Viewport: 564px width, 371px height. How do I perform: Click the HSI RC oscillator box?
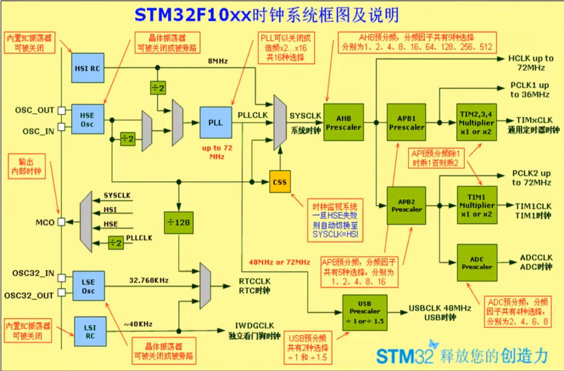tap(88, 68)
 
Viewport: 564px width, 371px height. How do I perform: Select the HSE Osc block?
tap(88, 119)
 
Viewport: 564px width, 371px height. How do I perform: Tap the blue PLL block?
tap(216, 122)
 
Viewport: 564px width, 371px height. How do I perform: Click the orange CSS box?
tap(280, 182)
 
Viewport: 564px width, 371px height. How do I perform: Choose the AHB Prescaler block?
tap(343, 122)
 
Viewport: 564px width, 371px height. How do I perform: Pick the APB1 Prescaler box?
tap(406, 122)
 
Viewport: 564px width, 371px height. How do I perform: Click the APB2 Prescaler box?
tap(406, 206)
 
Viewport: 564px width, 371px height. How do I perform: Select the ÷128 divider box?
tap(179, 223)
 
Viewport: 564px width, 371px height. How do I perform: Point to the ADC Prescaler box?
tap(477, 263)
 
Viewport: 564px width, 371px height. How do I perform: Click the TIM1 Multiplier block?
tap(477, 205)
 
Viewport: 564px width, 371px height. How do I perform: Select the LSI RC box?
tap(90, 332)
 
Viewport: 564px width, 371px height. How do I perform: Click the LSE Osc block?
tap(88, 286)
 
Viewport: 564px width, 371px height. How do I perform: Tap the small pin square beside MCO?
tap(61, 222)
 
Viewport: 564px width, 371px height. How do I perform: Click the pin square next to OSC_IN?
tap(61, 127)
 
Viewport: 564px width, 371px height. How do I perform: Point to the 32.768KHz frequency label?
tap(149, 280)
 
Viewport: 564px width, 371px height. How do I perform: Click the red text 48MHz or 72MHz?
tap(279, 262)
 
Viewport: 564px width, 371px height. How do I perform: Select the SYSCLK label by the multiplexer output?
tap(305, 116)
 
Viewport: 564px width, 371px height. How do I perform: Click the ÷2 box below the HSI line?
tap(158, 88)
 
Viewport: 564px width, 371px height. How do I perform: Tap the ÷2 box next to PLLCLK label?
tap(116, 243)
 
